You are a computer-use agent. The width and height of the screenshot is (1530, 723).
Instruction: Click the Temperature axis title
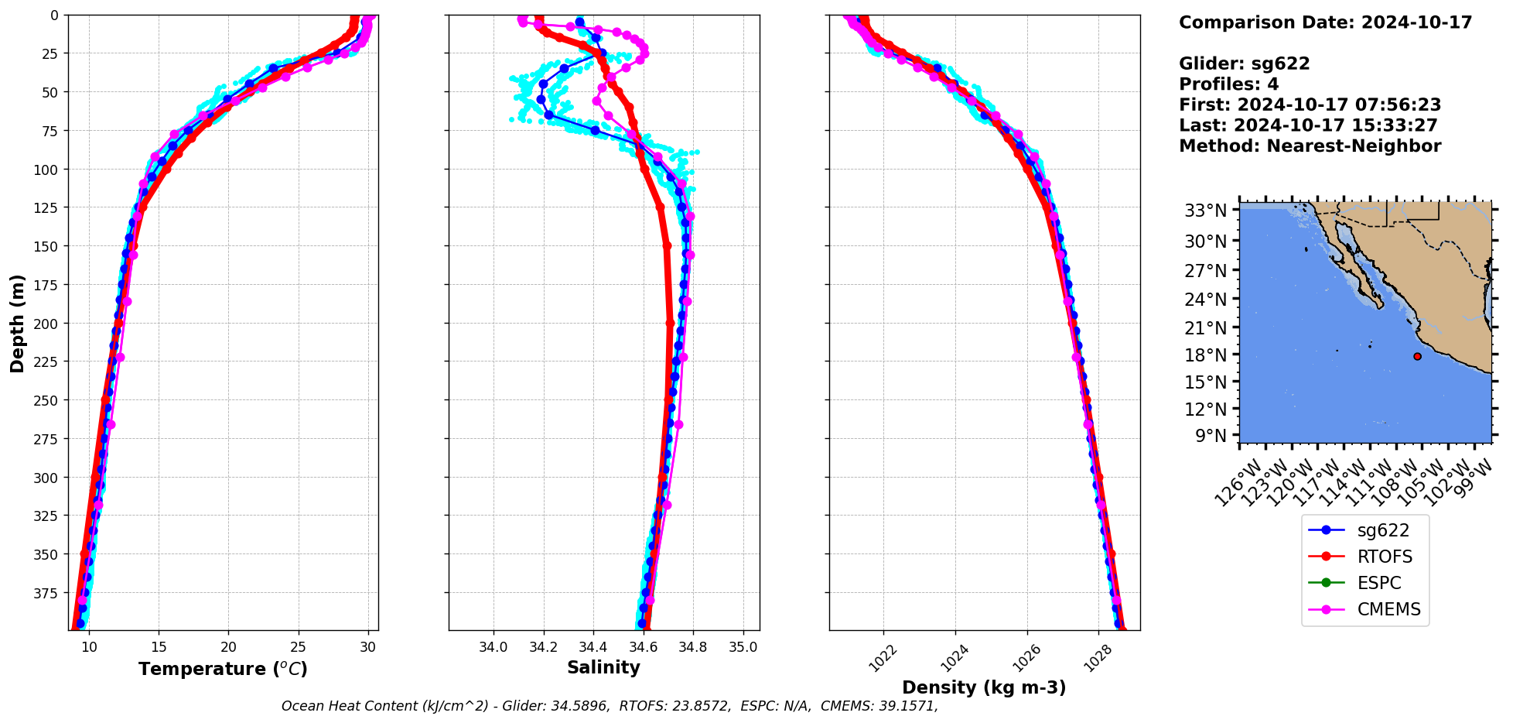pyautogui.click(x=223, y=669)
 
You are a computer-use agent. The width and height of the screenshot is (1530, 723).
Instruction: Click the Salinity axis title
pyautogui.click(x=603, y=667)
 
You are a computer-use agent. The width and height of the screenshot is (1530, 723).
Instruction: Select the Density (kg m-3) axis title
pyautogui.click(x=984, y=687)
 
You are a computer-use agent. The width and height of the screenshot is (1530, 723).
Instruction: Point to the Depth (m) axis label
pyautogui.click(x=17, y=323)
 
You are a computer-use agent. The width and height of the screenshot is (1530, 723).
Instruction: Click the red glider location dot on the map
pyautogui.click(x=1417, y=356)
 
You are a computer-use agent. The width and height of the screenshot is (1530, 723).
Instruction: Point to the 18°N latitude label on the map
pyautogui.click(x=1205, y=355)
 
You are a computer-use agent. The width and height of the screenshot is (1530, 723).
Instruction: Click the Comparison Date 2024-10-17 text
pyautogui.click(x=1325, y=22)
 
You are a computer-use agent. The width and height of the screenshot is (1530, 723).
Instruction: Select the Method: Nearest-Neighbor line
pyautogui.click(x=1310, y=146)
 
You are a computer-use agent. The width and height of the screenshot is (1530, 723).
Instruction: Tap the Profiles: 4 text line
pyautogui.click(x=1228, y=84)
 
